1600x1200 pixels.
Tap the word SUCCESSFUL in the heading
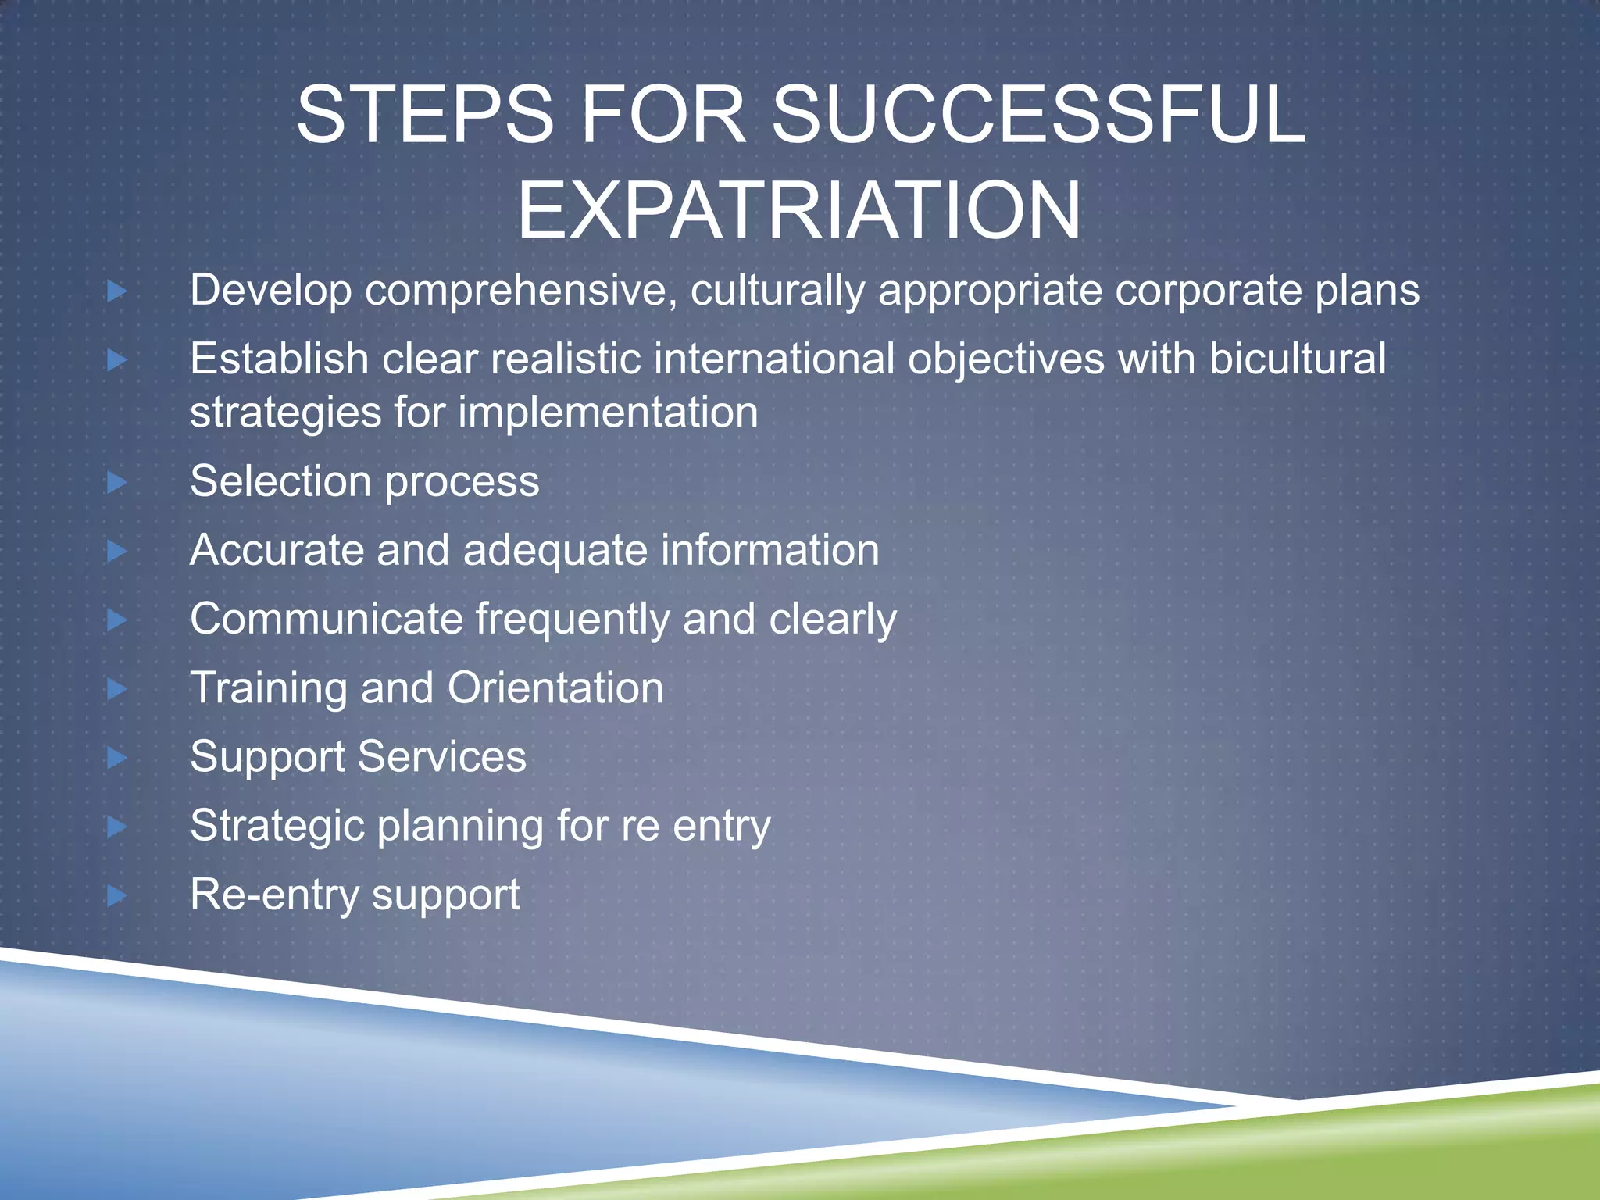pos(1038,115)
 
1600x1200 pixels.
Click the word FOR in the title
pos(663,115)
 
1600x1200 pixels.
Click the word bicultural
pos(1298,359)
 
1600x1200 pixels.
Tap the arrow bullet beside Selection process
pos(117,482)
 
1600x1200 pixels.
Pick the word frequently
pos(572,620)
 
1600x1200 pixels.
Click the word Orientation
pos(555,688)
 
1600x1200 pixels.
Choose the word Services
pos(442,757)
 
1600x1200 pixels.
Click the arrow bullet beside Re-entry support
pos(117,895)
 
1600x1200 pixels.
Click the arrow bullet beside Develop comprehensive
pos(117,291)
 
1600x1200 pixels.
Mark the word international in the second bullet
pos(773,359)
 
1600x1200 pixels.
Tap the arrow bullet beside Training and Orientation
pos(117,689)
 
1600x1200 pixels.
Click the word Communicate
pos(327,620)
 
